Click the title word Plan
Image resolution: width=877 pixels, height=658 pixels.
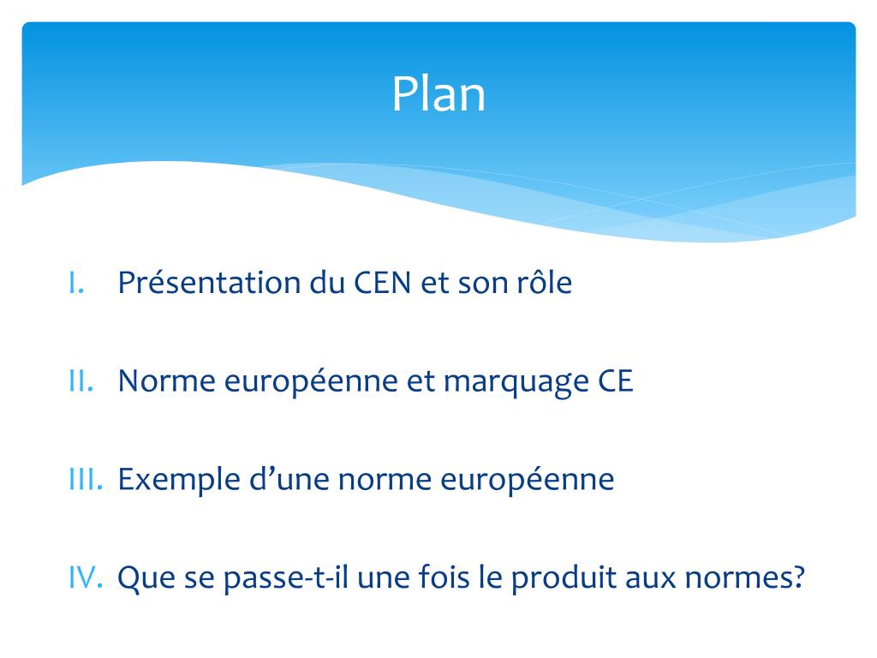pyautogui.click(x=438, y=94)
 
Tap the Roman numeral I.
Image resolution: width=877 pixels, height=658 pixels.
pyautogui.click(x=76, y=283)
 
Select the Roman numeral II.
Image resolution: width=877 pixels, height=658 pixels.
pyautogui.click(x=81, y=381)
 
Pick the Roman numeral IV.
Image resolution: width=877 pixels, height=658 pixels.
pyautogui.click(x=86, y=578)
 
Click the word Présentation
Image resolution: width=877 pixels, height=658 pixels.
pyautogui.click(x=209, y=283)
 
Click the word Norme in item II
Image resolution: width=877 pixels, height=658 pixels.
pyautogui.click(x=166, y=381)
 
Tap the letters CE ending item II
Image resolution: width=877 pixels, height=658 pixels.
pyautogui.click(x=615, y=381)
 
